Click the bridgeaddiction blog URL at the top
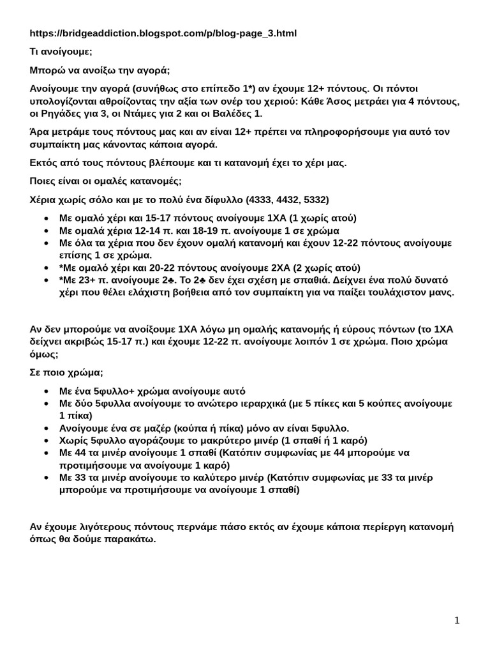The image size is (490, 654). pyautogui.click(x=163, y=33)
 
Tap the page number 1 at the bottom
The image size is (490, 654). pyautogui.click(x=457, y=620)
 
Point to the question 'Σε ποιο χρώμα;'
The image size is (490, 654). pyautogui.click(x=66, y=372)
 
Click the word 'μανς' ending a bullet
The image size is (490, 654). pyautogui.click(x=441, y=293)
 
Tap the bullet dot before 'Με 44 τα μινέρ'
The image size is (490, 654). pyautogui.click(x=48, y=453)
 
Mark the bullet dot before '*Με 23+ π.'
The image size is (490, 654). pyautogui.click(x=48, y=280)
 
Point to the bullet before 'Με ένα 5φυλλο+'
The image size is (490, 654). pyautogui.click(x=48, y=391)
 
